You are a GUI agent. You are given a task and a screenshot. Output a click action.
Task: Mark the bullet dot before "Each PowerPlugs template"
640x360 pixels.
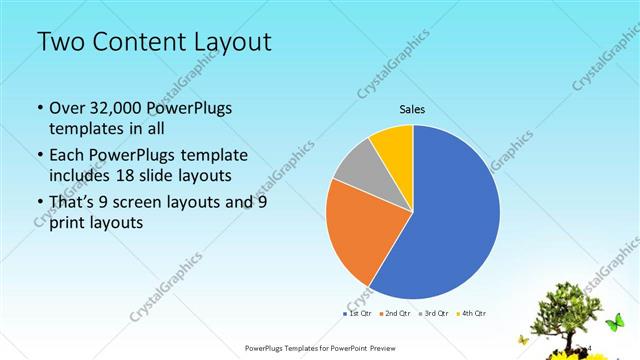pyautogui.click(x=39, y=156)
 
